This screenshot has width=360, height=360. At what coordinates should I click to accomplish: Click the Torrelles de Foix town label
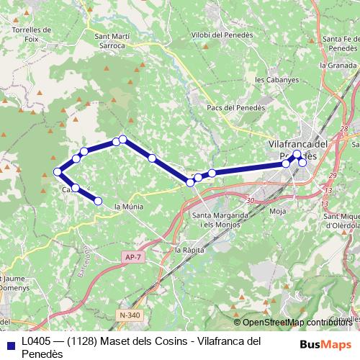[x=32, y=35]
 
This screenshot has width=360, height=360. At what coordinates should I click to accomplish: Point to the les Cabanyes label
[x=275, y=79]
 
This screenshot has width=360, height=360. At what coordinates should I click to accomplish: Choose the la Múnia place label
[x=129, y=207]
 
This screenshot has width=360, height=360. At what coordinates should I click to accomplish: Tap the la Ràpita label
[x=190, y=249]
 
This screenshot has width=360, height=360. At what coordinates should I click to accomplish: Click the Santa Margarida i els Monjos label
[x=221, y=220]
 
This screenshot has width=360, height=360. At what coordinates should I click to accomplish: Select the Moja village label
[x=277, y=212]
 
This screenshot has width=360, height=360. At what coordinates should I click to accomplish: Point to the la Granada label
[x=338, y=65]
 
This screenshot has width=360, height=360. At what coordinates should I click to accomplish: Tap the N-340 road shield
[x=130, y=315]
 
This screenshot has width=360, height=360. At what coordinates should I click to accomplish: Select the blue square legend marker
[x=9, y=343]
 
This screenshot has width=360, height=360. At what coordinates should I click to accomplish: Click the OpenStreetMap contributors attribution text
[x=297, y=322]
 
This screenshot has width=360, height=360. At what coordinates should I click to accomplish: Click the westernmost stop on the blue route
[x=58, y=171]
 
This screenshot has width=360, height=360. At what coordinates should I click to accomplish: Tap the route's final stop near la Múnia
[x=98, y=201]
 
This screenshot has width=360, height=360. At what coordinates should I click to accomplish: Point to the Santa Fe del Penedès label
[x=341, y=43]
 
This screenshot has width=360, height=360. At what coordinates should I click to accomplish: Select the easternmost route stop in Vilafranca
[x=303, y=163]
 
